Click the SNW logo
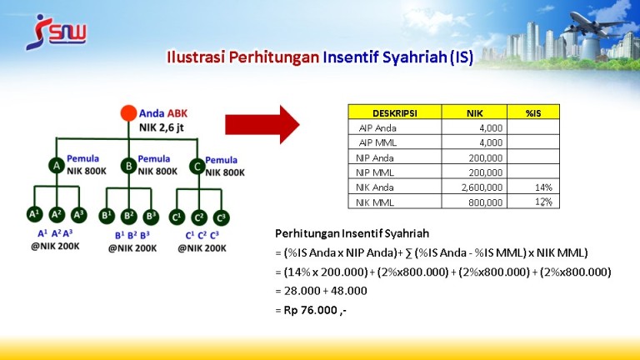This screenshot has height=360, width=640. (56, 32)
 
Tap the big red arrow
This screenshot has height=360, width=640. (262, 124)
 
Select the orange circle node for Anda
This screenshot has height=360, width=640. (128, 113)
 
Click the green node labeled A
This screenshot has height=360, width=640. (57, 166)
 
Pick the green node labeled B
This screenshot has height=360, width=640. (128, 166)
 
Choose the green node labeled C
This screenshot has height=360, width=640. (197, 167)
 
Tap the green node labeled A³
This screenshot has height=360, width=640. (78, 215)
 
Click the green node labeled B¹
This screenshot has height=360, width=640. (107, 216)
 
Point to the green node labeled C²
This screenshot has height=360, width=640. (199, 217)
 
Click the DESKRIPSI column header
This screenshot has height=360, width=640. (395, 112)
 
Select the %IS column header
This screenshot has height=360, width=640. (533, 112)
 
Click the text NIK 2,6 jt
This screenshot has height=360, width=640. (162, 127)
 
